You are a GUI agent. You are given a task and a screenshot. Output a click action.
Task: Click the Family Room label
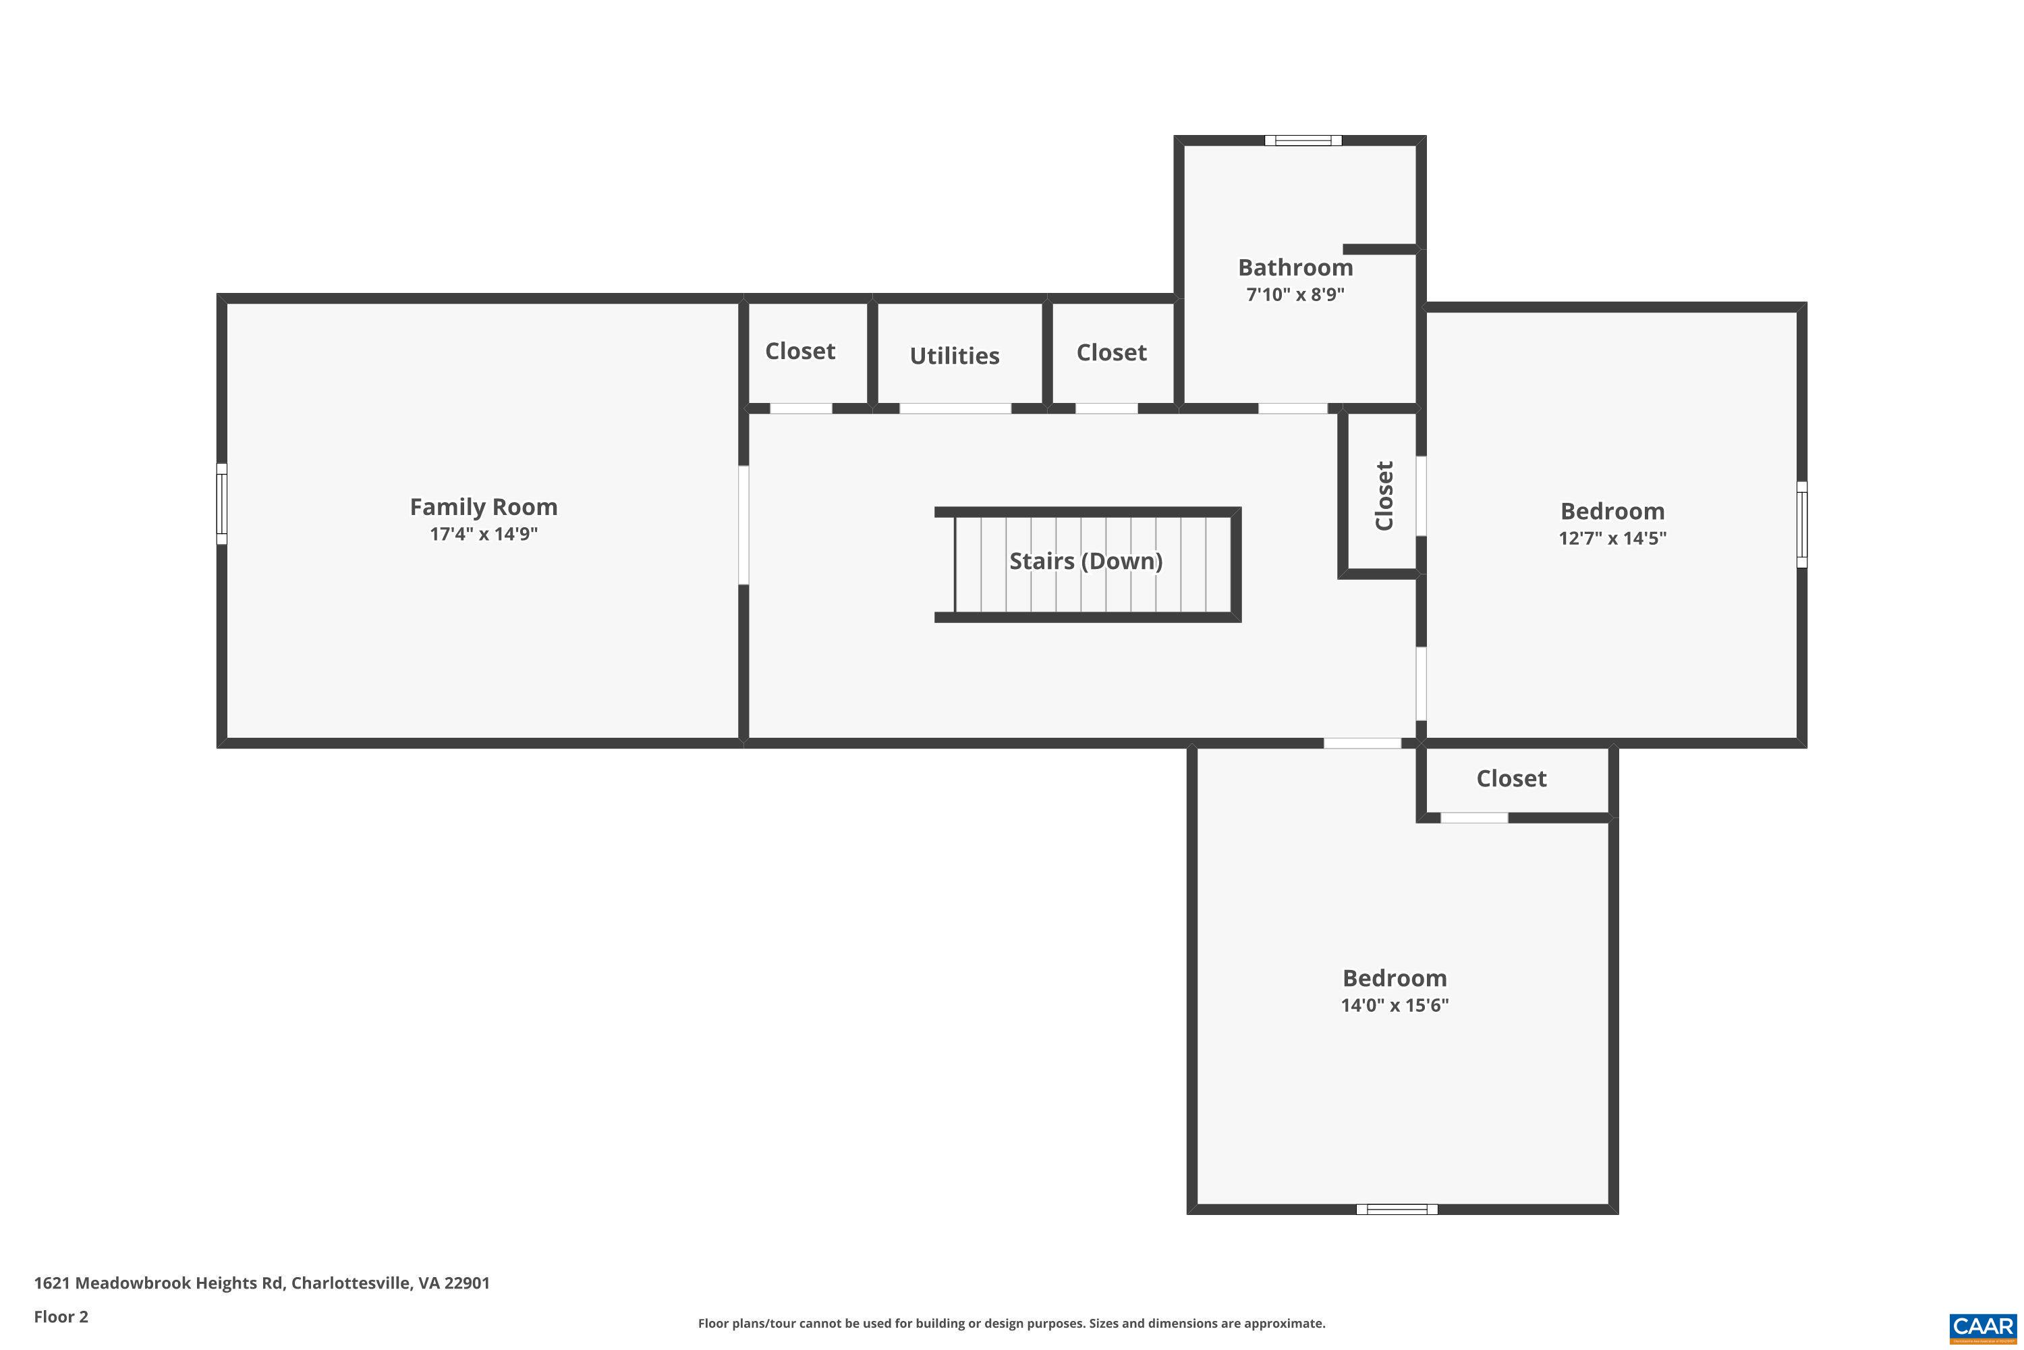tap(483, 506)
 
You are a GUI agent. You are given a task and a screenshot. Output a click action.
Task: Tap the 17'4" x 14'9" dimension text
tap(483, 534)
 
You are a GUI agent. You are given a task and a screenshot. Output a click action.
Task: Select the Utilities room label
tap(955, 356)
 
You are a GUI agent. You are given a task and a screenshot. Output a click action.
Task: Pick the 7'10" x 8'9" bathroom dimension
tap(1295, 294)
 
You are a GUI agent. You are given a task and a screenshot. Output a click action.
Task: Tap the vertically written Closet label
tap(1384, 496)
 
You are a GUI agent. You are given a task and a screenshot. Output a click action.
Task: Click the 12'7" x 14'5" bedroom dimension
tap(1612, 538)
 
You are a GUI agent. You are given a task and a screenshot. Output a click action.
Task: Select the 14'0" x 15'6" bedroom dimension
tap(1394, 1005)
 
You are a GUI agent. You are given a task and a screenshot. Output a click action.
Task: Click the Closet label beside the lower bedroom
tap(1511, 778)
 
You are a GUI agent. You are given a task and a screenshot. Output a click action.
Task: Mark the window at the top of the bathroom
tap(1302, 140)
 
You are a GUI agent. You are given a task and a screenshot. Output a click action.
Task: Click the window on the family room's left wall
tap(221, 504)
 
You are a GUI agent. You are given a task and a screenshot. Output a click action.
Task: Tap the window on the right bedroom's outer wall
tap(1801, 524)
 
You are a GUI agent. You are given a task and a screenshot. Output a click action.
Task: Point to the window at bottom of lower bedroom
tap(1396, 1209)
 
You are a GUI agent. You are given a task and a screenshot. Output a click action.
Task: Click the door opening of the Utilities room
tap(955, 408)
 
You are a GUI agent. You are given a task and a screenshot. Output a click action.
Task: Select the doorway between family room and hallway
tap(743, 525)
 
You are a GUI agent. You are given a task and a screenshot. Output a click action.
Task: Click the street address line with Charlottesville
tap(262, 1283)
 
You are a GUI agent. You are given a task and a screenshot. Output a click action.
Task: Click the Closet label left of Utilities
tap(799, 351)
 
